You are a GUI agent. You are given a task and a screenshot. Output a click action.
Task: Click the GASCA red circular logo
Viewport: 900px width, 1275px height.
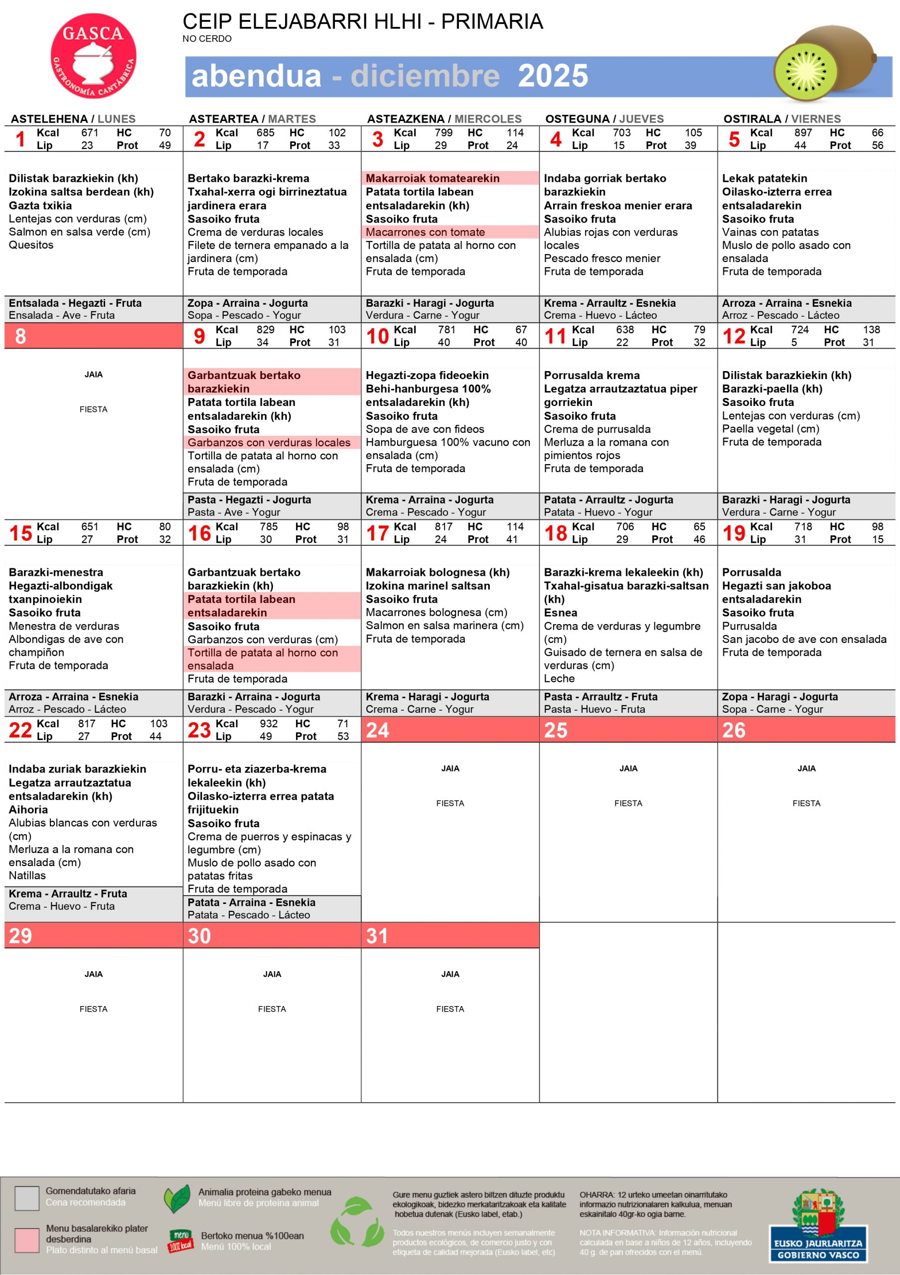tap(93, 55)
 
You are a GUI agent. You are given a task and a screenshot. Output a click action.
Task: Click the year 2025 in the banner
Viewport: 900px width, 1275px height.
tap(553, 76)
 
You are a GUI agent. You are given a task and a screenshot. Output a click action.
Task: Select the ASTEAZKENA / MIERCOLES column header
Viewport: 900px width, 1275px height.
tap(444, 119)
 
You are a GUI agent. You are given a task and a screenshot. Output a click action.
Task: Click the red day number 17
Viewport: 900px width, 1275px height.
tap(377, 533)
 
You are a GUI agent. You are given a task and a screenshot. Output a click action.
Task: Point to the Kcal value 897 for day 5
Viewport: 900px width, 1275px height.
tap(803, 132)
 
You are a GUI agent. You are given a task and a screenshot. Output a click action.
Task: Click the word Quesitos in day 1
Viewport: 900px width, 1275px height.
tap(31, 245)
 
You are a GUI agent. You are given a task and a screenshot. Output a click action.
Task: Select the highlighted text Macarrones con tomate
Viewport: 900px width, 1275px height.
tap(425, 232)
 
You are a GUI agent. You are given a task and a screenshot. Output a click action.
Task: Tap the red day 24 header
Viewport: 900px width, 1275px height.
tap(450, 730)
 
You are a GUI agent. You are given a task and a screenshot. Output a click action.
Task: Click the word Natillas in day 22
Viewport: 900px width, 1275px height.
tap(27, 875)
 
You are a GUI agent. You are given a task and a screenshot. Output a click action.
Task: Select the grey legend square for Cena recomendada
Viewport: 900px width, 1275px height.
tap(27, 1198)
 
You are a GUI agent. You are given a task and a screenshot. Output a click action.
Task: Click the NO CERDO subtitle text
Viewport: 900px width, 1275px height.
tap(207, 39)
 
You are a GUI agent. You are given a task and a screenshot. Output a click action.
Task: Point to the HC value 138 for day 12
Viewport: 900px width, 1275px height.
tap(871, 329)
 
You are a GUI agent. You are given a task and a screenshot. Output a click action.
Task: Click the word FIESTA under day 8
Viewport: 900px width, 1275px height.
tap(93, 409)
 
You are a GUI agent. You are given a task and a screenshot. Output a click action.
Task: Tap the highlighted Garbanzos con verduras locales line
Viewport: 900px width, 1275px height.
tap(269, 443)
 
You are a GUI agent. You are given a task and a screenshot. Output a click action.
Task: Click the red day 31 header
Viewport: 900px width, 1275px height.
tap(450, 936)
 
